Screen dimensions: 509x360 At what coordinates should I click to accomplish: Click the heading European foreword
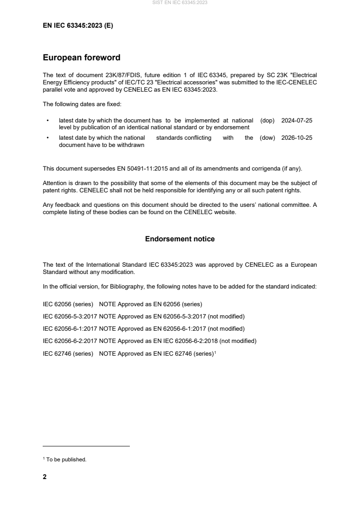[81, 58]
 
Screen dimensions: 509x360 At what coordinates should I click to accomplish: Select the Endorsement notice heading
[180, 239]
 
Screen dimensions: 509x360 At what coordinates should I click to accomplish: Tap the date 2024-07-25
[297, 121]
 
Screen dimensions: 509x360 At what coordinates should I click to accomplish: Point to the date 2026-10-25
[297, 138]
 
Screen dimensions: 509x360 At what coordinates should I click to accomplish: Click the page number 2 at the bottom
[44, 477]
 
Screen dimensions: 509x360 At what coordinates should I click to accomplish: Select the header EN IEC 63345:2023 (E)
[78, 26]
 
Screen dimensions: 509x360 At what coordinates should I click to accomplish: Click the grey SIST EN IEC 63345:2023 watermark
[180, 3]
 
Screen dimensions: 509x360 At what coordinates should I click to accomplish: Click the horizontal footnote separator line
[86, 446]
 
